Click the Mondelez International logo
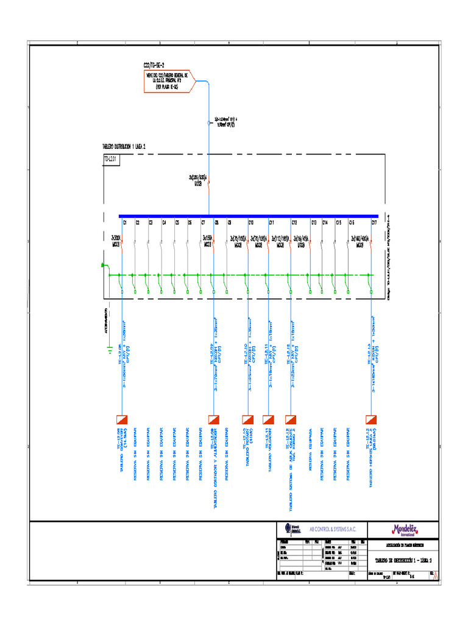point(406,530)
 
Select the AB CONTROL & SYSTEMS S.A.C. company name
point(333,529)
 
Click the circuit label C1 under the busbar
point(126,223)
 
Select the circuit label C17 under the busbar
point(374,223)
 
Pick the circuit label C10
point(251,223)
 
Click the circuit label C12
point(294,223)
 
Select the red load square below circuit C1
point(121,419)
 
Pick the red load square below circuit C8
point(213,419)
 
